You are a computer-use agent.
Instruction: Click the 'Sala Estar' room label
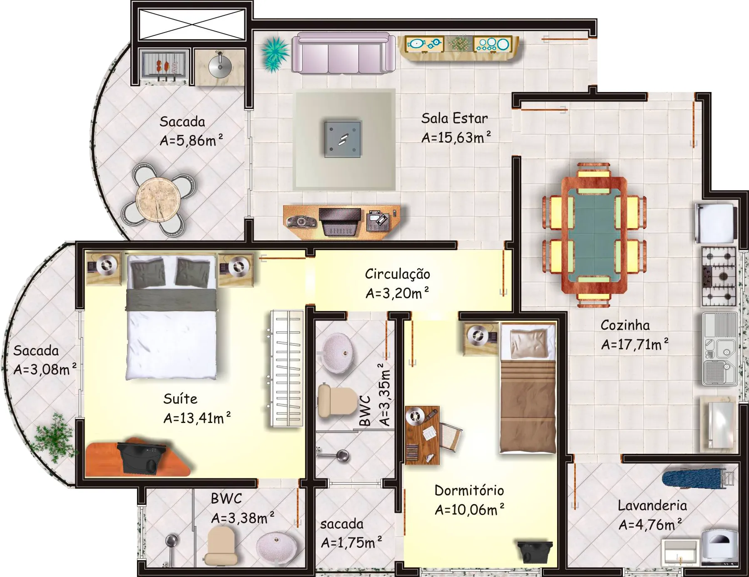454,118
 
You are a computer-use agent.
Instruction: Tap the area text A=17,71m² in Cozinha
635,344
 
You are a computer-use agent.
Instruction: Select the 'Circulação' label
398,274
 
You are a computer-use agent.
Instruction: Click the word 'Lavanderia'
652,505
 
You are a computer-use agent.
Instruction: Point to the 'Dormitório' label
469,490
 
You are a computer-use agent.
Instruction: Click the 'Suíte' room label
180,398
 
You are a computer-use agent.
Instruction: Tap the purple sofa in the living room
343,54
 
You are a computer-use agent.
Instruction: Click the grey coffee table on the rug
343,139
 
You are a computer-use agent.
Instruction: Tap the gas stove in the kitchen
719,276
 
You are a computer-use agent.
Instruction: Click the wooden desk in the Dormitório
422,435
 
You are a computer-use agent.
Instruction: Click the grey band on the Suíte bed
171,300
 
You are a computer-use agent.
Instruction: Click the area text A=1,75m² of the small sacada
351,543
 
